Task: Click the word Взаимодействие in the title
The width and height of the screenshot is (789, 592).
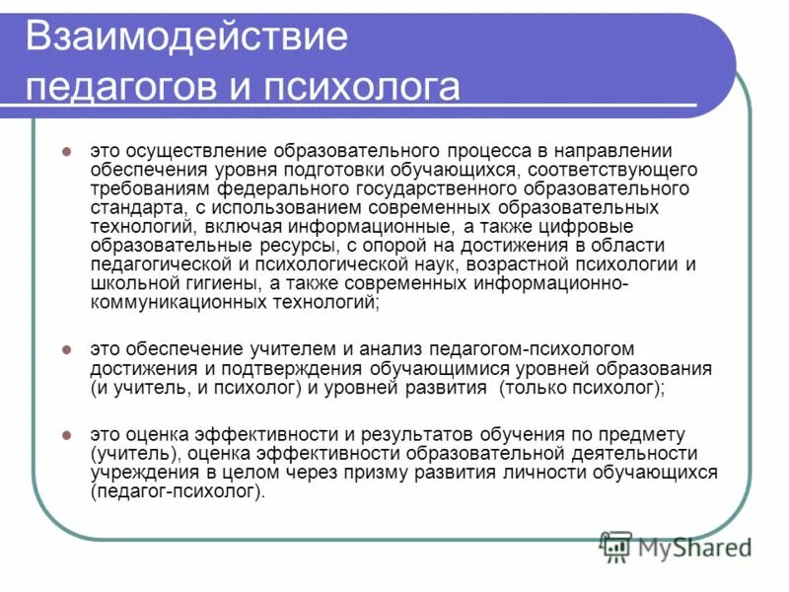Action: (187, 37)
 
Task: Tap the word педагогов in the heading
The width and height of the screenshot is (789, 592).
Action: (117, 87)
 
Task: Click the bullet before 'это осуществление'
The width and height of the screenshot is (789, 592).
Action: (66, 152)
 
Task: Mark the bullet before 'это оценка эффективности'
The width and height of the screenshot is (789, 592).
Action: (66, 435)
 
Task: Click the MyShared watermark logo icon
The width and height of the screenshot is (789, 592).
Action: (616, 545)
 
